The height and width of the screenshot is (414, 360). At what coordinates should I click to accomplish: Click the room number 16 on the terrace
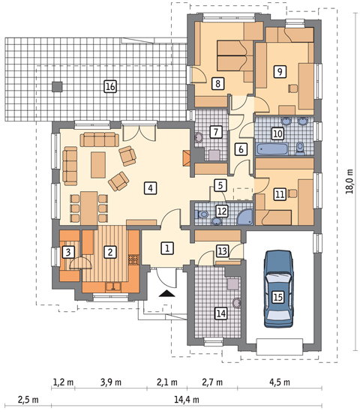(x=110, y=87)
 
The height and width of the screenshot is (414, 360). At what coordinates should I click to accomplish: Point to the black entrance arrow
(x=165, y=295)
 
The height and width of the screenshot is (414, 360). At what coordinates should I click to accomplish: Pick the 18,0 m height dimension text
(x=349, y=181)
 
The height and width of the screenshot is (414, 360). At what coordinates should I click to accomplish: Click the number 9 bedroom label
(x=280, y=72)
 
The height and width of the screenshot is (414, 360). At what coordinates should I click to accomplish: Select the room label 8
(x=218, y=83)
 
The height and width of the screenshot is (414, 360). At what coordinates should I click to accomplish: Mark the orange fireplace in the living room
(x=186, y=159)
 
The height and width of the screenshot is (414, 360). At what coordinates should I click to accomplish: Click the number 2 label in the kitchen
(x=109, y=252)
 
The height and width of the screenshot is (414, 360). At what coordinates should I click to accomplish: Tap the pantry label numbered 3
(x=68, y=252)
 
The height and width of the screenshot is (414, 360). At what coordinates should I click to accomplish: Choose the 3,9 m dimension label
(x=109, y=382)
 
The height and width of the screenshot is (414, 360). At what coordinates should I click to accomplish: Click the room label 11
(x=279, y=194)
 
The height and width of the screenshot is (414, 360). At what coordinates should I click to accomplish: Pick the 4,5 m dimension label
(x=281, y=382)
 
